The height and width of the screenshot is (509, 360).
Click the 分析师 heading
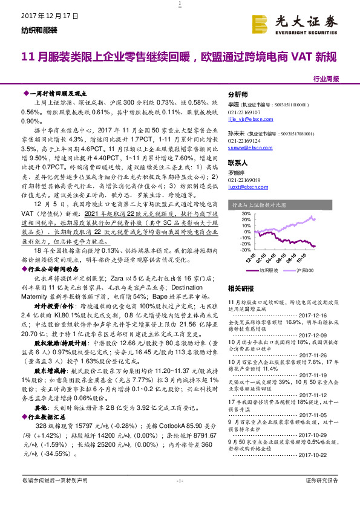tap(238, 96)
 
